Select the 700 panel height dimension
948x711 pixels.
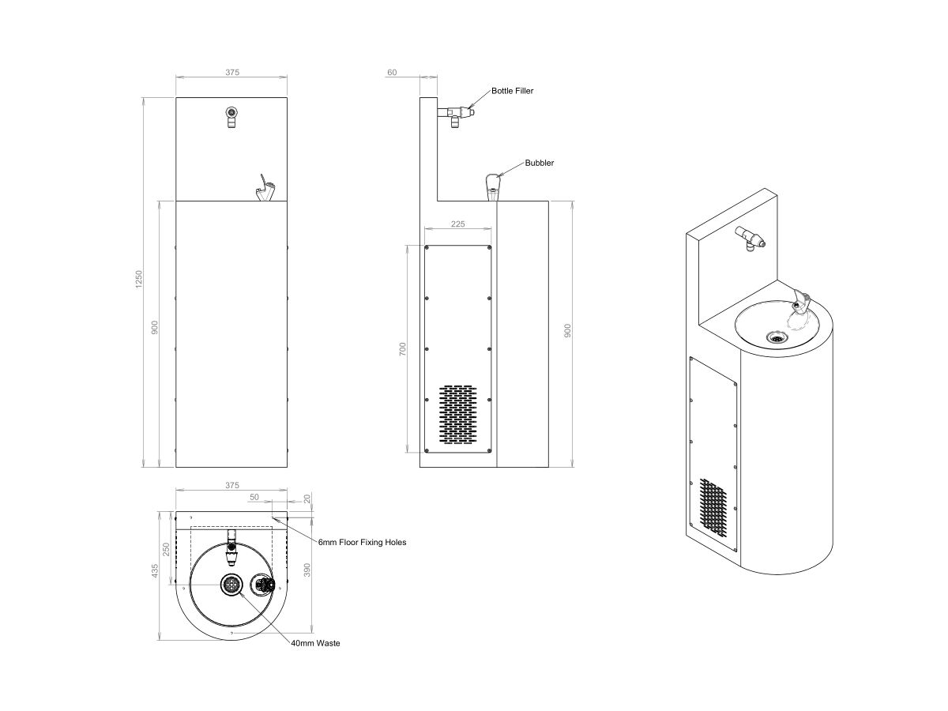point(402,348)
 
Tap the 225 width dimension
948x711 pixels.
point(458,224)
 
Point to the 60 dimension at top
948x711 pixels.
point(392,72)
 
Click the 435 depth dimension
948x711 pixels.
point(156,570)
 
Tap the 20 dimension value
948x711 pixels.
point(307,498)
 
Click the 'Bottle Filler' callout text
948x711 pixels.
point(512,91)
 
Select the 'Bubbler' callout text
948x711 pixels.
point(540,163)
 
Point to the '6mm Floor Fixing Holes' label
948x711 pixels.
point(362,543)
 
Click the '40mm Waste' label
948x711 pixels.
point(315,644)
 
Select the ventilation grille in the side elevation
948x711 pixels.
point(458,413)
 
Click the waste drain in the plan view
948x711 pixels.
point(232,585)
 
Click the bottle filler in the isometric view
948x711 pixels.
point(749,236)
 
